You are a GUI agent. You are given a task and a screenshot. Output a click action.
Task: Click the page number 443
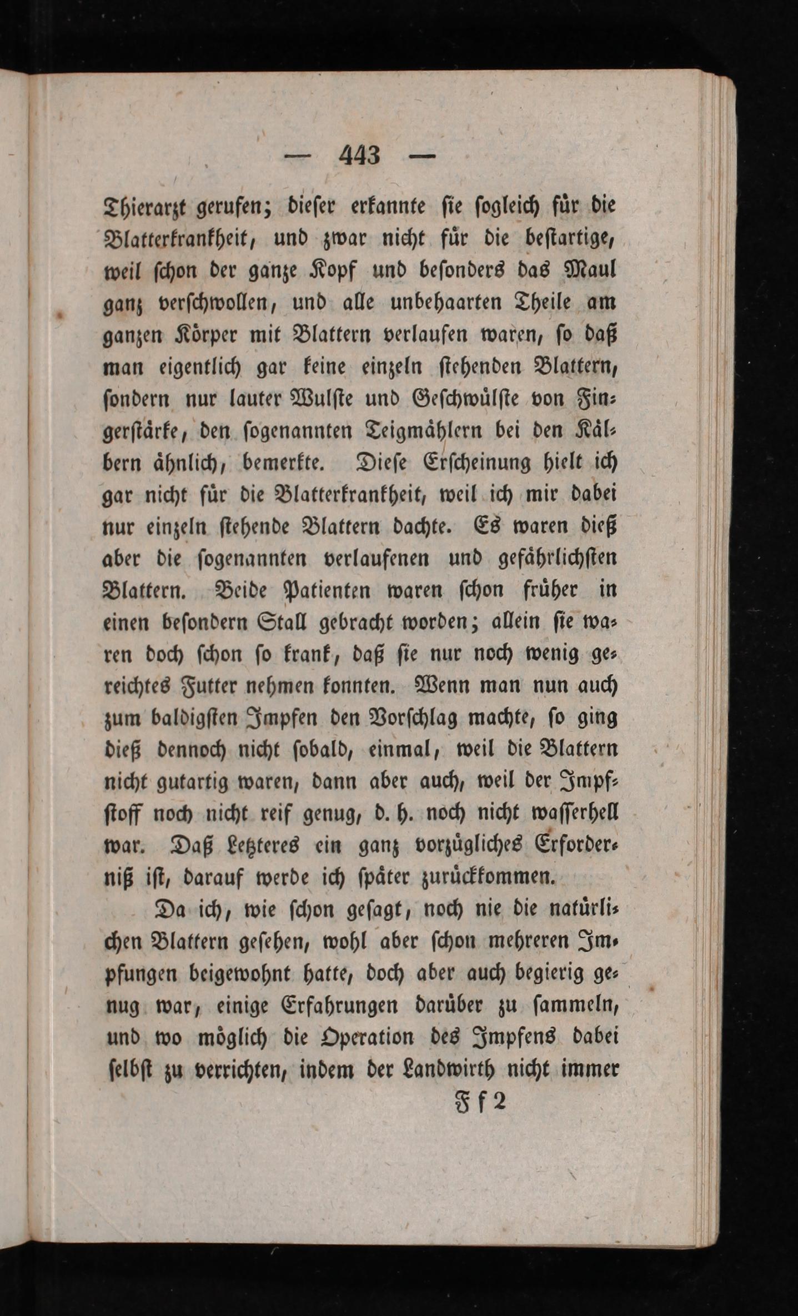pos(359,156)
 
